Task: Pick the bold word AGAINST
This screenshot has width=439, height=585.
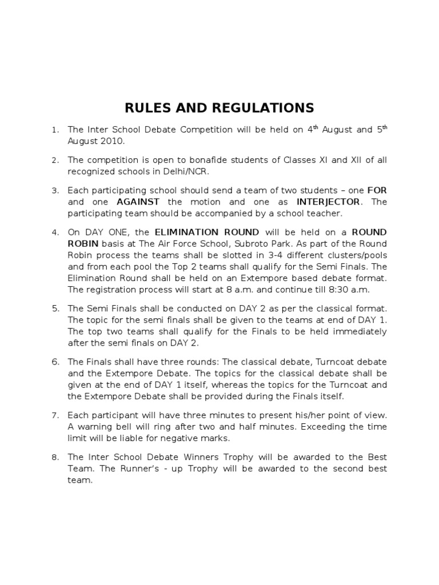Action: [x=138, y=202]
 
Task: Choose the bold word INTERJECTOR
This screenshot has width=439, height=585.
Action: [x=328, y=202]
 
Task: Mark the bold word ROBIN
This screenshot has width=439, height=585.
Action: [x=83, y=243]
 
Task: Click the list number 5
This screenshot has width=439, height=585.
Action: [x=55, y=308]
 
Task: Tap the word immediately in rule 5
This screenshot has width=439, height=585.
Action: [x=359, y=331]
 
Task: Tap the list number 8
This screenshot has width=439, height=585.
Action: [x=55, y=458]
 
